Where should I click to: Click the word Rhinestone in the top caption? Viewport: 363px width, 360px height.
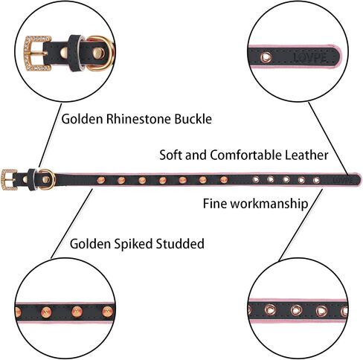(139, 119)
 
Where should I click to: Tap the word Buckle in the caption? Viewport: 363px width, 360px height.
(193, 119)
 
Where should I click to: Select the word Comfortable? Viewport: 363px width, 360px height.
(246, 155)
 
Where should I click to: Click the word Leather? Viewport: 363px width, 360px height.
(306, 155)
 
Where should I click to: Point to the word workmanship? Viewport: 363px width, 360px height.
(269, 204)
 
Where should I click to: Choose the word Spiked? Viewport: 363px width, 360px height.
(129, 244)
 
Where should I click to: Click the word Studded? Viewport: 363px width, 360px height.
(176, 243)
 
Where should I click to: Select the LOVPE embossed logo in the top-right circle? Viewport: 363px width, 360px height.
(310, 57)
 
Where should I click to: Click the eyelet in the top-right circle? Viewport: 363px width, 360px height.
(266, 57)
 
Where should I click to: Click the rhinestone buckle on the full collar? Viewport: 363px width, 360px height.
(9, 179)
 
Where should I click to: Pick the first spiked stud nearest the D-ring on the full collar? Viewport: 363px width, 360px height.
(101, 180)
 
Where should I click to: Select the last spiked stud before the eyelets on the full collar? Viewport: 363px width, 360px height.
(223, 180)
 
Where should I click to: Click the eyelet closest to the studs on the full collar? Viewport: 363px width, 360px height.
(256, 179)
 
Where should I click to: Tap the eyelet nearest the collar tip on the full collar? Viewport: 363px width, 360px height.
(316, 180)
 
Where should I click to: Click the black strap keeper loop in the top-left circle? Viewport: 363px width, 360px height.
(76, 54)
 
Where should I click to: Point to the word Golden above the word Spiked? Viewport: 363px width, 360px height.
(90, 243)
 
